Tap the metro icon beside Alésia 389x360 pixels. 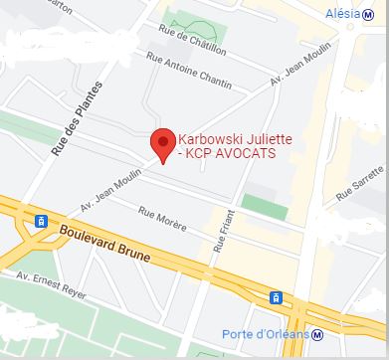[373, 12]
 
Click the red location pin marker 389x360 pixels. [160, 141]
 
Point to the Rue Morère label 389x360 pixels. [162, 216]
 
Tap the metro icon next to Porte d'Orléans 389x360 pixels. [317, 335]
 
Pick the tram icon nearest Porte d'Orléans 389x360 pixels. [275, 297]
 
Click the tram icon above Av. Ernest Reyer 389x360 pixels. [41, 222]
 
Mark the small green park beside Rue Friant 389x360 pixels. [257, 206]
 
